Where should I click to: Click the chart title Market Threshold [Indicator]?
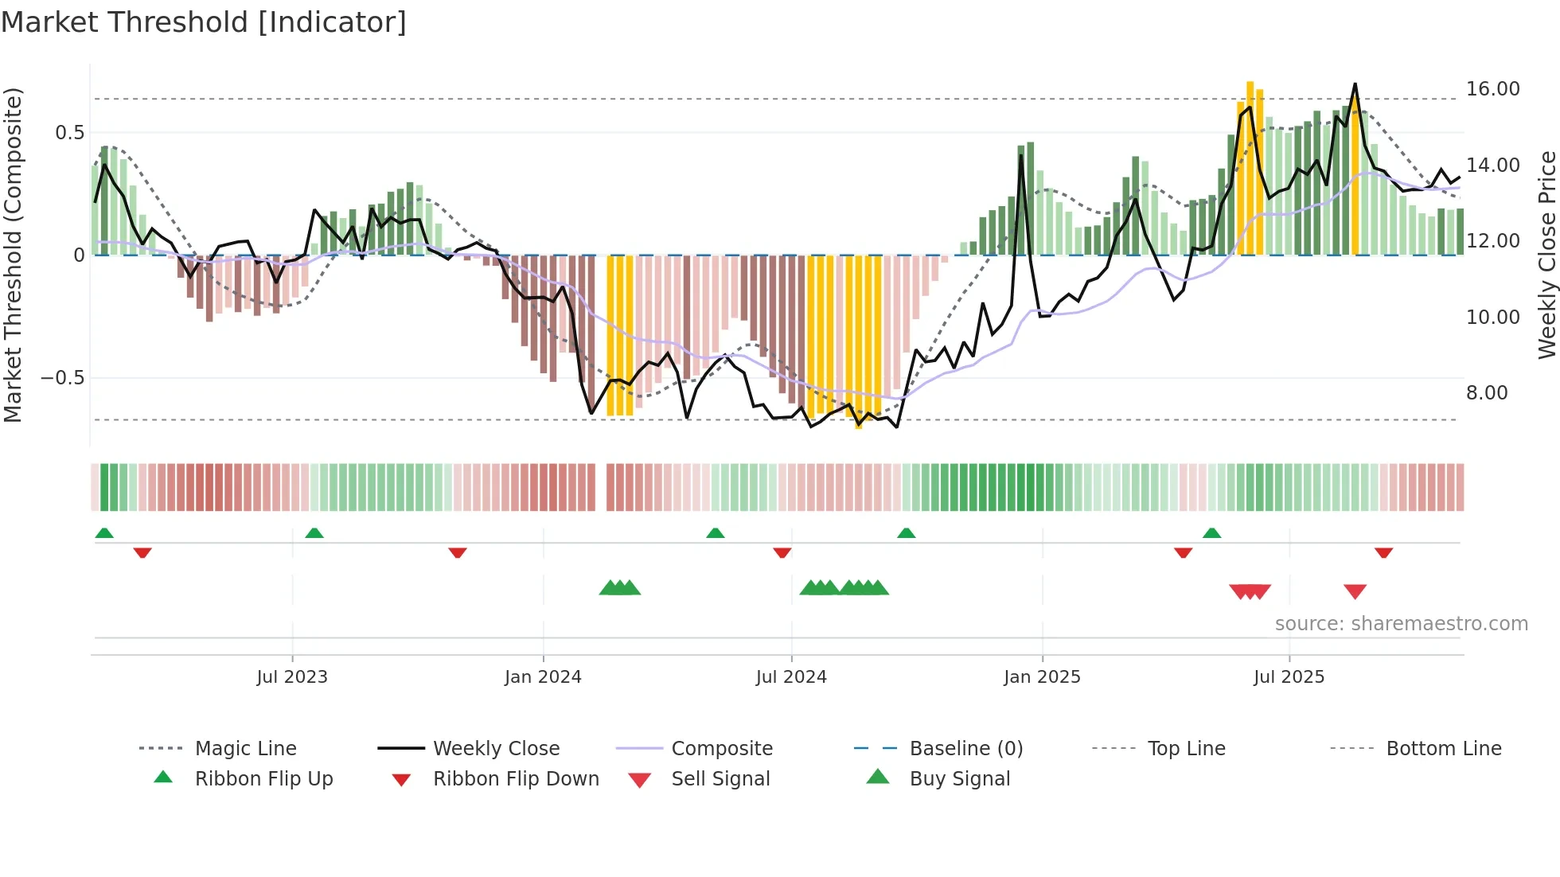pyautogui.click(x=204, y=22)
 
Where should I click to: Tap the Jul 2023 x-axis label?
pyautogui.click(x=292, y=677)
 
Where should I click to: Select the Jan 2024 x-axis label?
pyautogui.click(x=543, y=677)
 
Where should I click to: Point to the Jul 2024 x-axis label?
pyautogui.click(x=791, y=677)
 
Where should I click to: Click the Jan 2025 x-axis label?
pyautogui.click(x=1042, y=677)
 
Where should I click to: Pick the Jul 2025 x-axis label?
pyautogui.click(x=1289, y=677)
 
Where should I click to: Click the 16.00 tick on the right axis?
pyautogui.click(x=1492, y=89)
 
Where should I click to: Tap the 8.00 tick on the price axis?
pyautogui.click(x=1486, y=393)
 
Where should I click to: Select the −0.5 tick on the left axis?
pyautogui.click(x=63, y=378)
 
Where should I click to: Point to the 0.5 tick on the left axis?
pyautogui.click(x=69, y=133)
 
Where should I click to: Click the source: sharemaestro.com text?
pyautogui.click(x=1401, y=624)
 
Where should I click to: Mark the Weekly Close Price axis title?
pyautogui.click(x=1546, y=255)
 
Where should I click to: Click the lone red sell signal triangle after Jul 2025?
pyautogui.click(x=1355, y=591)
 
